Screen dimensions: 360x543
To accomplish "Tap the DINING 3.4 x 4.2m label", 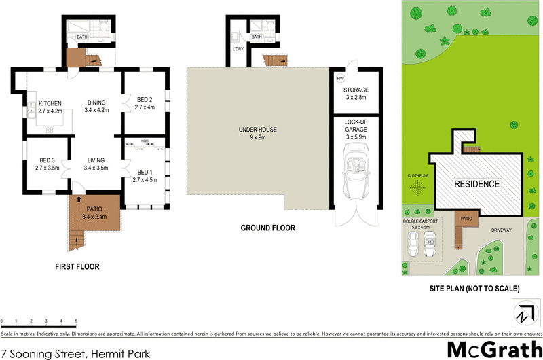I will click(x=96, y=106).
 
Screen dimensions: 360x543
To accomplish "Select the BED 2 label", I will click(x=145, y=103).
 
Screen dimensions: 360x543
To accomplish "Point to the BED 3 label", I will click(x=47, y=164).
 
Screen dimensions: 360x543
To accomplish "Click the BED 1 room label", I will click(x=145, y=176).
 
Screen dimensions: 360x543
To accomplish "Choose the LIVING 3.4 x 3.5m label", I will click(x=96, y=164).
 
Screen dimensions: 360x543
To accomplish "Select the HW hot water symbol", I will click(x=340, y=78).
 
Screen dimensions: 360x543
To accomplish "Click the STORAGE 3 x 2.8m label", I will click(x=355, y=94).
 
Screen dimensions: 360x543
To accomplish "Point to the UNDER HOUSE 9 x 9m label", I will click(x=257, y=133).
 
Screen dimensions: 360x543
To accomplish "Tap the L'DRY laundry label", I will click(x=238, y=49).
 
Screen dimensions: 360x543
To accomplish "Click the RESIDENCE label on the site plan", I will click(x=476, y=184).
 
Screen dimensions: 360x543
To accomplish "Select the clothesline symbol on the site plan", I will click(x=418, y=187).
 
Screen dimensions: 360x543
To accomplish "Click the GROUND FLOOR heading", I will click(x=268, y=228).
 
